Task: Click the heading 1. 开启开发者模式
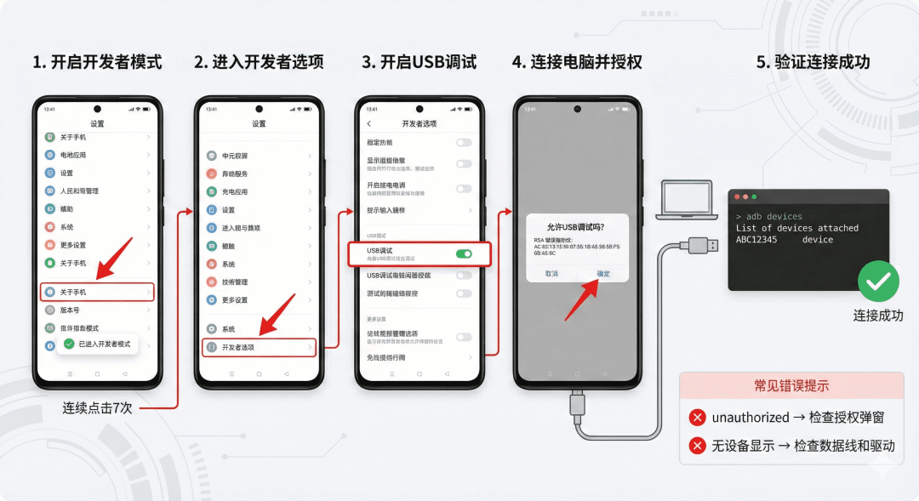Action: (96, 62)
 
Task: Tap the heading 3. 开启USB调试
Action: (419, 62)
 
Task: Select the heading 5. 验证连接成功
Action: (813, 62)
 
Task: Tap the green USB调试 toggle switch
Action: (464, 253)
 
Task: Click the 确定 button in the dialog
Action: (602, 273)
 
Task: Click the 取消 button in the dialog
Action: (551, 273)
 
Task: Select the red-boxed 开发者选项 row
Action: (259, 347)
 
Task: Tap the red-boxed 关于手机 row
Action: (97, 292)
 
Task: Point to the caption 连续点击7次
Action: (97, 407)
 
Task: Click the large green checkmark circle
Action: (878, 282)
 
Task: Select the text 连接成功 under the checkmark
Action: (878, 316)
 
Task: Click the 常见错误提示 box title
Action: (791, 385)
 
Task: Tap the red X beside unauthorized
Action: (698, 417)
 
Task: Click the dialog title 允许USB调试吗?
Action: (575, 227)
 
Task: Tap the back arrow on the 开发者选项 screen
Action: (368, 123)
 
